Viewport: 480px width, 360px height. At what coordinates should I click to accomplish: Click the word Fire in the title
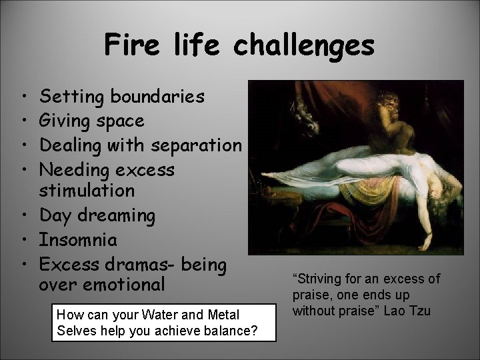click(131, 46)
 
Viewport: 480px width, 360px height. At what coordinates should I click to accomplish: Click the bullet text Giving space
click(92, 121)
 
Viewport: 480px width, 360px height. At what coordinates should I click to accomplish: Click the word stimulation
click(87, 191)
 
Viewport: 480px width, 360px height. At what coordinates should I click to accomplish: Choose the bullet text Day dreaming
click(97, 216)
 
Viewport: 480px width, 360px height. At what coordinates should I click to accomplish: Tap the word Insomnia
click(79, 240)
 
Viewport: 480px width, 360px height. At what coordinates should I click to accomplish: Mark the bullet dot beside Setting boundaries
click(23, 97)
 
